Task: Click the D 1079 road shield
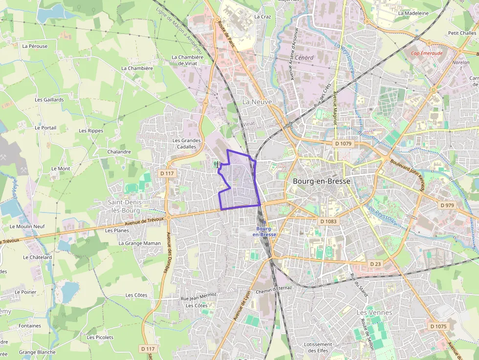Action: pos(344,144)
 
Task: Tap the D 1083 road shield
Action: pos(328,221)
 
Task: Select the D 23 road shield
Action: pos(375,264)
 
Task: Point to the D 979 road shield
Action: pos(447,205)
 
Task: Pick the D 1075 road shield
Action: pos(438,326)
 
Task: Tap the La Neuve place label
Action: pos(257,102)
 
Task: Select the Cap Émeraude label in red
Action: pos(426,54)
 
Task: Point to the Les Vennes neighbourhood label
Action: pos(374,312)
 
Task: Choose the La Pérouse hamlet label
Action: pos(35,46)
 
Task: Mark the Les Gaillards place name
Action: pos(49,100)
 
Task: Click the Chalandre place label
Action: pos(119,152)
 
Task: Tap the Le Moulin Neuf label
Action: pos(27,227)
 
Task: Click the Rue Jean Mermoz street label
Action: pos(198,296)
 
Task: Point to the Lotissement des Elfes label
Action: pos(318,347)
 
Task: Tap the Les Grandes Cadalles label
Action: pos(187,144)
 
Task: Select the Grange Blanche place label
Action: pos(37,352)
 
